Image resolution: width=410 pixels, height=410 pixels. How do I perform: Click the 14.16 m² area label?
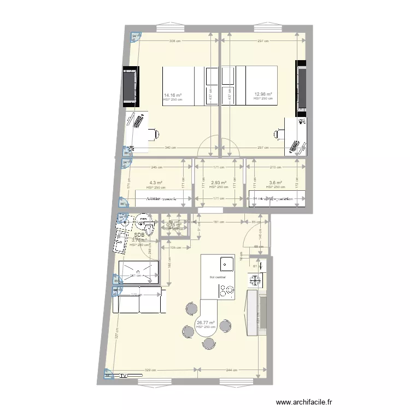[x=173, y=95]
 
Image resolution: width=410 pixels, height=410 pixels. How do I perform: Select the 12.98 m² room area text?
[x=263, y=94]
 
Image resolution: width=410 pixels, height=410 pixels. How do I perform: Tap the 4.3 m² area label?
[x=156, y=183]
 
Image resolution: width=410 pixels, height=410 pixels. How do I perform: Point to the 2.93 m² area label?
[x=219, y=183]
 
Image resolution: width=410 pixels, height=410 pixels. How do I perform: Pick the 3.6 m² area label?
[x=275, y=183]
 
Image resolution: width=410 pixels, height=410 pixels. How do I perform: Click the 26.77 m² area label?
[x=206, y=323]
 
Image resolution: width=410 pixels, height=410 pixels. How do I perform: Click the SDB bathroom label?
[x=139, y=235]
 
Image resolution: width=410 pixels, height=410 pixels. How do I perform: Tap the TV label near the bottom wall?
[x=124, y=376]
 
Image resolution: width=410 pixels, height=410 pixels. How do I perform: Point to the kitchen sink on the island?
[x=227, y=264]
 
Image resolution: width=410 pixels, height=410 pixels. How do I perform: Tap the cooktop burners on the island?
[x=226, y=291]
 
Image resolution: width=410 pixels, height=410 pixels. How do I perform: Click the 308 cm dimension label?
[x=173, y=41]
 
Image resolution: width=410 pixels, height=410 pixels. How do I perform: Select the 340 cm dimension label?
[x=171, y=148]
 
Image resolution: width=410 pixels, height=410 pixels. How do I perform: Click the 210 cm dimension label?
[x=275, y=167]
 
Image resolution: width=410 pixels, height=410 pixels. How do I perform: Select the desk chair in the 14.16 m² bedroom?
[x=154, y=132]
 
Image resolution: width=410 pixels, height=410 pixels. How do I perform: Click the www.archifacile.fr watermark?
[x=304, y=402]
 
